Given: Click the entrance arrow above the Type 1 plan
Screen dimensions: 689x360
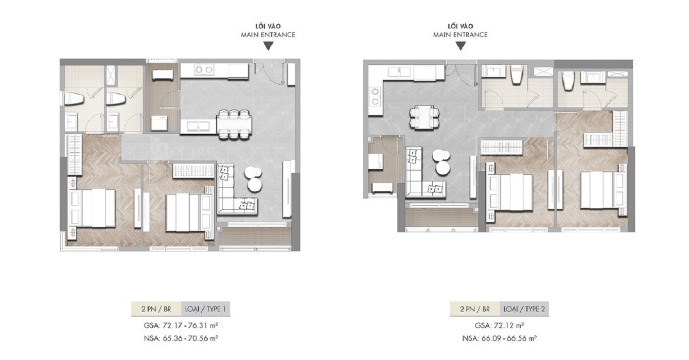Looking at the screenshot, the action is [x=268, y=46].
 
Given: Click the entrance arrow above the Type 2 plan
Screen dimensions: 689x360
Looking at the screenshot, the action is [x=461, y=46].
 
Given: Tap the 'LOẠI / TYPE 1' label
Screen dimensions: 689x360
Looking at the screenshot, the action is [x=205, y=309].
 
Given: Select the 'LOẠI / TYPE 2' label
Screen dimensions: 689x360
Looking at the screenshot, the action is [x=524, y=309].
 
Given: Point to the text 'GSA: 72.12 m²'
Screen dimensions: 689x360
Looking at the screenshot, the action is [x=499, y=325].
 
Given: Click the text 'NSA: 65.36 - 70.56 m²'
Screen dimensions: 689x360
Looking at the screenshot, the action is [x=181, y=338].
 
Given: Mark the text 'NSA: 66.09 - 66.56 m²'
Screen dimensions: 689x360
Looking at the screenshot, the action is [x=499, y=338].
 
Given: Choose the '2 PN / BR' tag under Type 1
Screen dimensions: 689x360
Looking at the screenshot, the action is [x=156, y=309].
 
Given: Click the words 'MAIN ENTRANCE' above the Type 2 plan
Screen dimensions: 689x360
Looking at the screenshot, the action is [x=461, y=35].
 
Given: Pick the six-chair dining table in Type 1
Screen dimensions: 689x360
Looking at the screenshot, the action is [x=234, y=124].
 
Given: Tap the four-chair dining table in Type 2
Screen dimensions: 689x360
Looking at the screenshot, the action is [x=425, y=118].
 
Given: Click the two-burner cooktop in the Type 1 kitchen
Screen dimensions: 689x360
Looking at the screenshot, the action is [x=204, y=70].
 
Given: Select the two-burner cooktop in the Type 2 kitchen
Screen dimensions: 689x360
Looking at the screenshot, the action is [x=375, y=96].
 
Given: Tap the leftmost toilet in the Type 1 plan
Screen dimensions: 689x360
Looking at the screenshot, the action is [x=74, y=99].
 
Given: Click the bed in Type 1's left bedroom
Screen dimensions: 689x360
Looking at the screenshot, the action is [x=92, y=208].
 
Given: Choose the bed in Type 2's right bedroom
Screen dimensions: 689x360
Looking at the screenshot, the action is [x=603, y=190].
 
